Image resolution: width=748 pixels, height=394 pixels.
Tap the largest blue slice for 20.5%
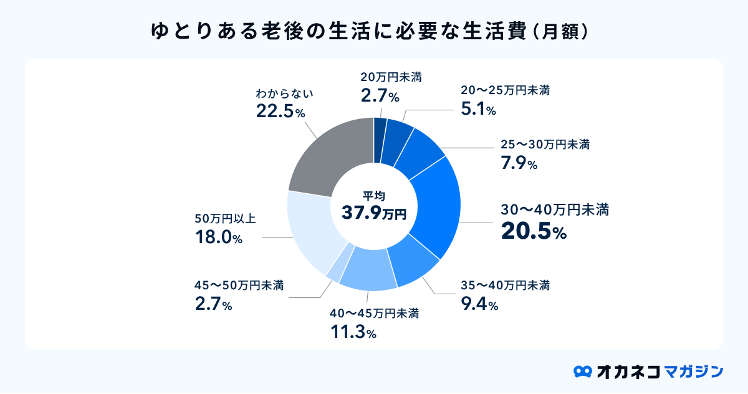tap(436, 206)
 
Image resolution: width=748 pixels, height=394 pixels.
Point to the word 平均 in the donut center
tap(374, 196)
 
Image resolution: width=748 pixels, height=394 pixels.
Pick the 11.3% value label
tap(353, 332)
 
